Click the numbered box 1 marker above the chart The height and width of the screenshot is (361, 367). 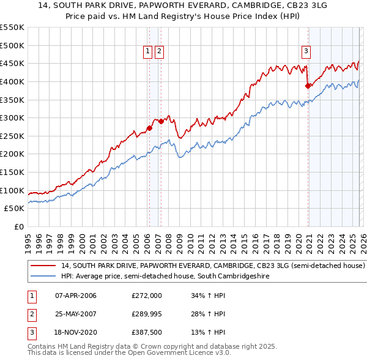tap(148, 52)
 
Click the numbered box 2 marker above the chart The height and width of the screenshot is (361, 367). tap(159, 52)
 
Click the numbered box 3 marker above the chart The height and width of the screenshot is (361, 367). tap(306, 52)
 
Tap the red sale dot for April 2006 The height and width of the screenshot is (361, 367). tap(149, 128)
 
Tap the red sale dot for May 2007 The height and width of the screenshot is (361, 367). tap(161, 121)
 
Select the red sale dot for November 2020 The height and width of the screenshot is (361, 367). tap(308, 86)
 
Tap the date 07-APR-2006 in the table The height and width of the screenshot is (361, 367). tap(76, 296)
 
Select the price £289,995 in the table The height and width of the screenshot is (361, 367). tap(147, 314)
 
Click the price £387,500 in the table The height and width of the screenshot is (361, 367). tap(147, 332)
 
